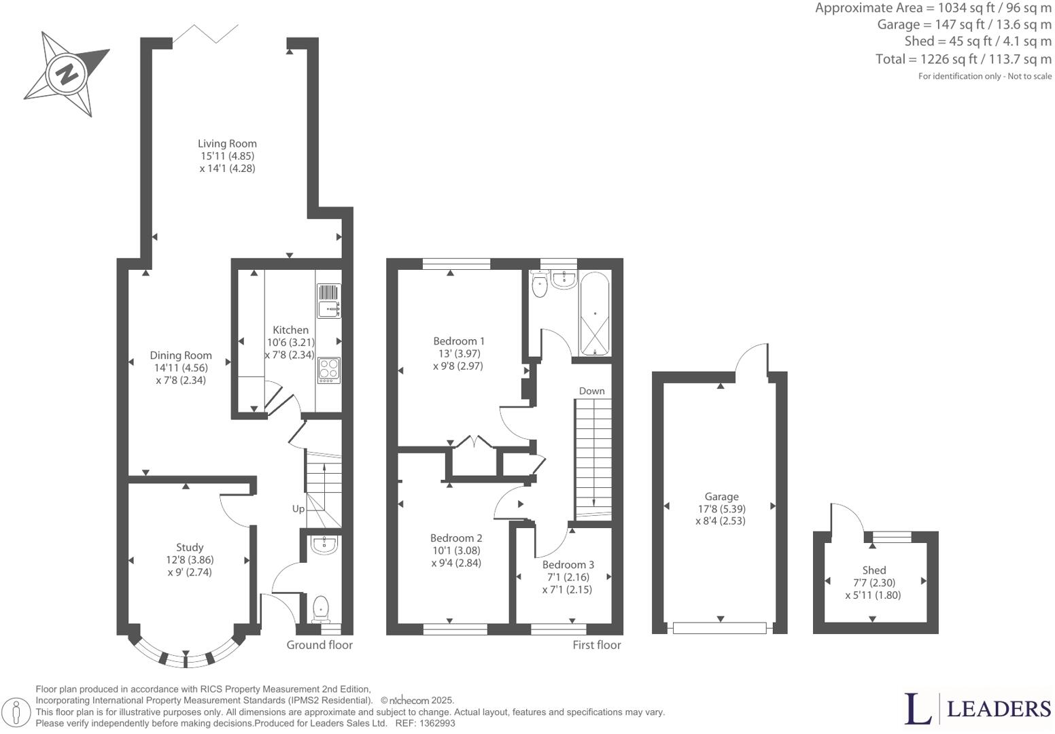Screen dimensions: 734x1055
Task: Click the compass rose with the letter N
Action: (67, 73)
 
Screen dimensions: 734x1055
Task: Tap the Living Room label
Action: (227, 143)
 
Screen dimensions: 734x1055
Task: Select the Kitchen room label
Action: (290, 330)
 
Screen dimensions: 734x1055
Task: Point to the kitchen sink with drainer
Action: (329, 301)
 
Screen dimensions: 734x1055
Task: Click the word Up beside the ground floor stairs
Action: (298, 509)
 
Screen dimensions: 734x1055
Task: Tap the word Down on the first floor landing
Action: (591, 391)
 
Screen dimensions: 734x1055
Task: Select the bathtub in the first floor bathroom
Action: (595, 315)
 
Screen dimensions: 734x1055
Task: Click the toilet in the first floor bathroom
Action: (540, 283)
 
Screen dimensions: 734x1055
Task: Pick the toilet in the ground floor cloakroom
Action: (320, 608)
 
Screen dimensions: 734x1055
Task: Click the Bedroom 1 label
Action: (459, 341)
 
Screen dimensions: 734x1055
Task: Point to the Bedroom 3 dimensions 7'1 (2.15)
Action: (567, 589)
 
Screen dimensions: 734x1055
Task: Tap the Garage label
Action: (721, 497)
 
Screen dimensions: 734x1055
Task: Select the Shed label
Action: (874, 570)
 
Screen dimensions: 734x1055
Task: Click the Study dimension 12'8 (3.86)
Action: (190, 560)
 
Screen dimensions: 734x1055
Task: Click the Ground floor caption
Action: (319, 645)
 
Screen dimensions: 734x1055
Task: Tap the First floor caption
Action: (596, 645)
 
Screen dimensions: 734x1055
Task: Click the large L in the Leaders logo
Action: (918, 709)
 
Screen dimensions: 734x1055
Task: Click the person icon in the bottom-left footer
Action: (16, 712)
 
